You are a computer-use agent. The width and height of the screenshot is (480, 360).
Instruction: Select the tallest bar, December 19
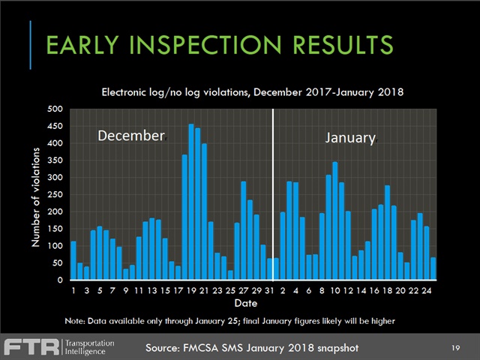(190, 202)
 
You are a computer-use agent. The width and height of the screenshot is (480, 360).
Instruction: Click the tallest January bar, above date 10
(334, 220)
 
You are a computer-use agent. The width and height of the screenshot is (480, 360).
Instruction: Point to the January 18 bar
(387, 232)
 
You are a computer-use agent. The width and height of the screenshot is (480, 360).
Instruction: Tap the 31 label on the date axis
(269, 290)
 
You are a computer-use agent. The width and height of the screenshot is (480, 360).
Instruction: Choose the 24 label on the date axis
(426, 290)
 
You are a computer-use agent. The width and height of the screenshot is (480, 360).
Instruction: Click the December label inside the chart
(131, 136)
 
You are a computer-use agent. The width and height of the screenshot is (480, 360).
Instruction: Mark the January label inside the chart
(350, 138)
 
